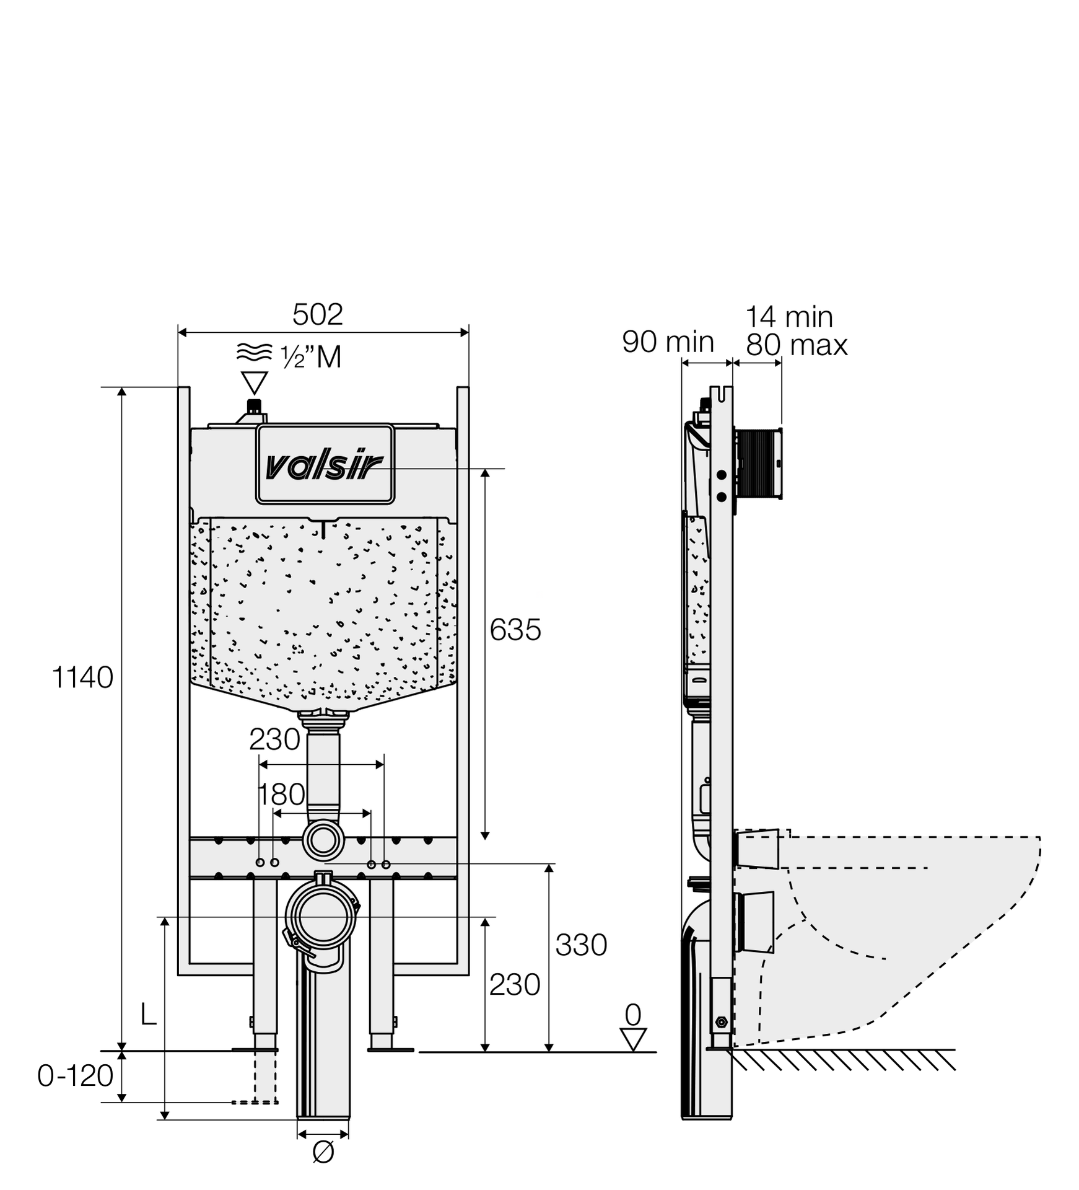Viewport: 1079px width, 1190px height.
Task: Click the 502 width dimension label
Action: point(317,314)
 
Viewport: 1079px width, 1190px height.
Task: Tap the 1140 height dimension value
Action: point(82,677)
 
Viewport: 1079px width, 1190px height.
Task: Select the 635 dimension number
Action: point(515,630)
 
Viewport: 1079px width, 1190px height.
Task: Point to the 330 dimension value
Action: point(581,945)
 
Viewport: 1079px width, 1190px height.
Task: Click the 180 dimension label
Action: point(281,794)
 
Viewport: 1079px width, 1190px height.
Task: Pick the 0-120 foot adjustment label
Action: point(75,1076)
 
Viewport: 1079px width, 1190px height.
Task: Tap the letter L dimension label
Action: point(148,1015)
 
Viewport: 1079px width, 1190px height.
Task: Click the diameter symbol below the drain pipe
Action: point(323,1152)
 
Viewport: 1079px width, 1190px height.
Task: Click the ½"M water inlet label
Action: point(311,357)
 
